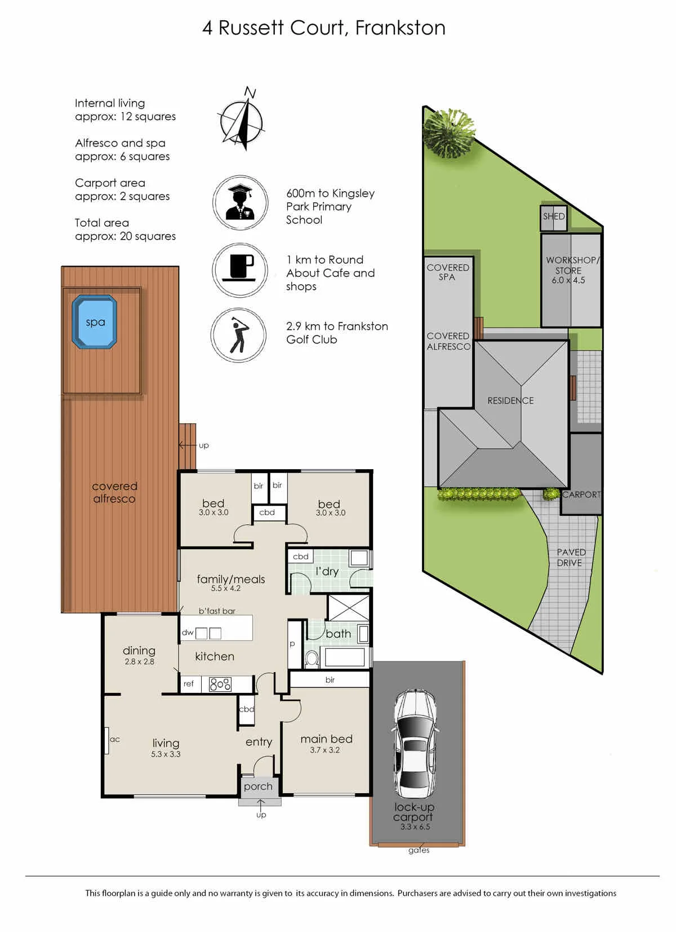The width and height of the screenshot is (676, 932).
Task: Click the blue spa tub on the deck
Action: coord(95,321)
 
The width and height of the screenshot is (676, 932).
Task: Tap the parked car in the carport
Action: coord(416,743)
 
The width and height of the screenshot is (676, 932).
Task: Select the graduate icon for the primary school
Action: coord(240,202)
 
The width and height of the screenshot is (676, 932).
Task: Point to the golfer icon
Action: coord(238,334)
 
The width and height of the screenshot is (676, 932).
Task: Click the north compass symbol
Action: coord(242,118)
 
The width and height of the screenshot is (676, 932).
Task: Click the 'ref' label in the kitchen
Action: coord(188,683)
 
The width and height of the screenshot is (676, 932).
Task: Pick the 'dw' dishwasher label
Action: coord(188,633)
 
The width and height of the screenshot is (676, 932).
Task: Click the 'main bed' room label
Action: coord(326,739)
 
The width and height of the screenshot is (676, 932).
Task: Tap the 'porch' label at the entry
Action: coord(258,787)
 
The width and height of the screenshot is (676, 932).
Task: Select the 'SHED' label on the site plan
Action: coord(554,217)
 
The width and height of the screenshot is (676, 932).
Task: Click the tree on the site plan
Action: coord(449,132)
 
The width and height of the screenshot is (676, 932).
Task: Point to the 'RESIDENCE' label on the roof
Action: coord(510,401)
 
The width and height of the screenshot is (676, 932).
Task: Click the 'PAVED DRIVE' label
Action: coord(571,558)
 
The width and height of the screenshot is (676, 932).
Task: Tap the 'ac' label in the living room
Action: coord(115,739)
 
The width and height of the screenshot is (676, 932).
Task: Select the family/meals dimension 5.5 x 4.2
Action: coord(225,588)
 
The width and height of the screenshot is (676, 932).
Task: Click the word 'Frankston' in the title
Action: coord(401,28)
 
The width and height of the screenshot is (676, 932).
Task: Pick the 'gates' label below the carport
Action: coord(419,850)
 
